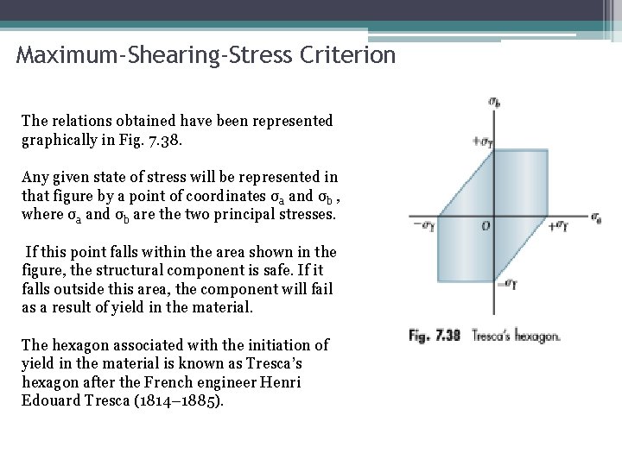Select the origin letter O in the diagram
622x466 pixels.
pyautogui.click(x=486, y=226)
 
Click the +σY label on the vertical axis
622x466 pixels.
pyautogui.click(x=482, y=142)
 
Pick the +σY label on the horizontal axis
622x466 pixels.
pyautogui.click(x=560, y=227)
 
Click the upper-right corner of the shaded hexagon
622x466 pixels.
pyautogui.click(x=548, y=150)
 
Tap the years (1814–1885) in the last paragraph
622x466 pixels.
pyautogui.click(x=181, y=400)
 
